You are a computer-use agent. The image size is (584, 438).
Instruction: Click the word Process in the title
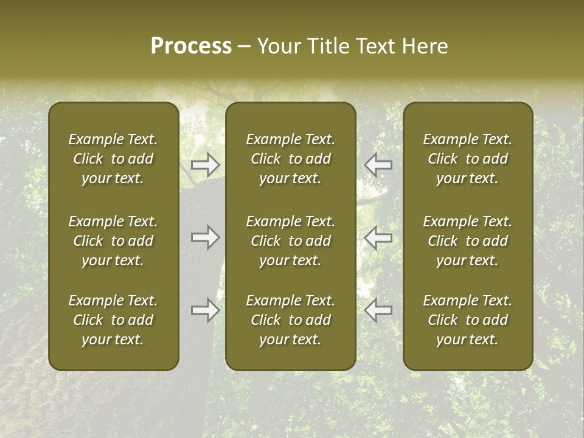191,46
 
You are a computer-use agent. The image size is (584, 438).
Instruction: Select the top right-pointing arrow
206,164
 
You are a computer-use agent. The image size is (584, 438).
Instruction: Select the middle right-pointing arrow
206,237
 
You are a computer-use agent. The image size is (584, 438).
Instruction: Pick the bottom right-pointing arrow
206,310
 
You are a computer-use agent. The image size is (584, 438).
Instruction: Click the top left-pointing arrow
378,164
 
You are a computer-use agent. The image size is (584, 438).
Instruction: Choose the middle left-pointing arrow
378,237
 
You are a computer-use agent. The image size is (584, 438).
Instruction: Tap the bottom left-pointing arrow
378,310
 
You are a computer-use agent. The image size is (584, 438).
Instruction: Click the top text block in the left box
113,159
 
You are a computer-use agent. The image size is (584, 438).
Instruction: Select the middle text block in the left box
113,241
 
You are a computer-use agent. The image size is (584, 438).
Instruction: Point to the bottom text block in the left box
113,320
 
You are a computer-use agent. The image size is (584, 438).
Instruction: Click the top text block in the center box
291,159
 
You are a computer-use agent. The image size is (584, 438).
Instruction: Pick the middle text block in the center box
291,241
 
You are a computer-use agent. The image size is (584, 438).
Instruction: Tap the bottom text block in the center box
291,320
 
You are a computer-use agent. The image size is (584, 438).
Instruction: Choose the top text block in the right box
468,159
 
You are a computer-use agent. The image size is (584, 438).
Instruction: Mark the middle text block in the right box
468,241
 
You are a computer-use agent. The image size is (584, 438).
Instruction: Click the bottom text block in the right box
468,320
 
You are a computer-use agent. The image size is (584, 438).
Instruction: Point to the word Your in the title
278,46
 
